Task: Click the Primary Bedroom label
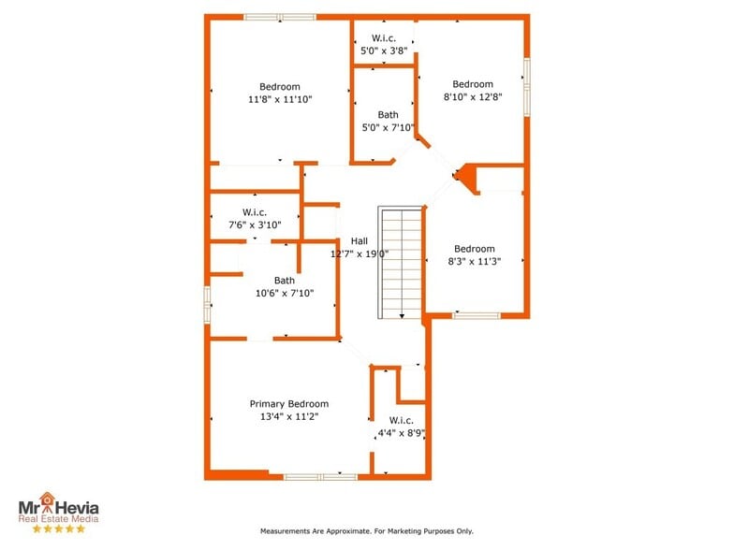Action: pos(288,404)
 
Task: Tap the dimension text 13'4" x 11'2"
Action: pos(288,417)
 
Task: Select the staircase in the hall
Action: pos(401,263)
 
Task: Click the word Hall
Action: pos(360,240)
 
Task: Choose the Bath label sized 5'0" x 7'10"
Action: pos(388,115)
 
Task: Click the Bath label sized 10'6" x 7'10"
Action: pos(285,280)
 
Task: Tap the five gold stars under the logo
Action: pos(58,528)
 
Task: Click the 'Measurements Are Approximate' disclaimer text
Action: pos(366,531)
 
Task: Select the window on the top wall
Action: pos(280,16)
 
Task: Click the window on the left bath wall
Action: pos(207,304)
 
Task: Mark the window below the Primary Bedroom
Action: pos(319,477)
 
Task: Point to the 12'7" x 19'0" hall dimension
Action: pos(360,253)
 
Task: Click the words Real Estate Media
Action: pos(58,517)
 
